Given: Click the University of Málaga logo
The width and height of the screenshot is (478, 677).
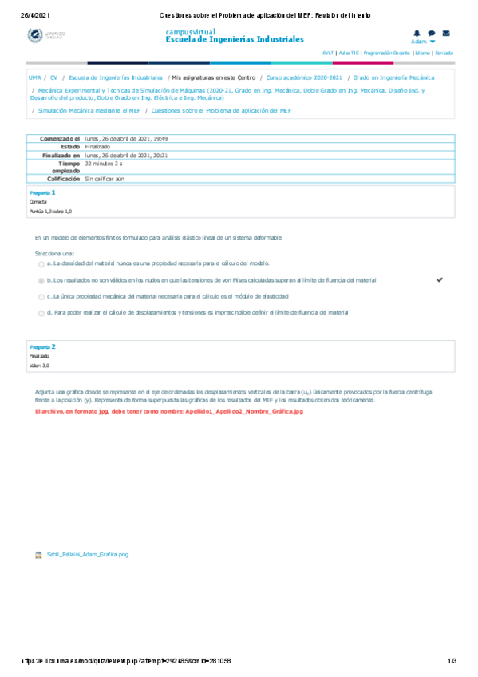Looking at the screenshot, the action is pos(46,35).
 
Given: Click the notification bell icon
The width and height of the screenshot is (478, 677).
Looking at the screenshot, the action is pos(417,33).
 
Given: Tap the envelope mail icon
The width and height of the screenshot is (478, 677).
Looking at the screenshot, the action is pos(446,33).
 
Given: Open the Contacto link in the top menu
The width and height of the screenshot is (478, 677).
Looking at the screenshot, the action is pos(444,53).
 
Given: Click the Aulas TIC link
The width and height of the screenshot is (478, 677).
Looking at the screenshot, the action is pos(349,53).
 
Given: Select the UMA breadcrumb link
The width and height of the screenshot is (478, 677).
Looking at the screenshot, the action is pos(34,78).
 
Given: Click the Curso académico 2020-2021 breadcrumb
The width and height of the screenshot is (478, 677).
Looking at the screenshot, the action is pos(304,78).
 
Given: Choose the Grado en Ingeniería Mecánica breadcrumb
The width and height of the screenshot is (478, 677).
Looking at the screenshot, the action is pos(393,78).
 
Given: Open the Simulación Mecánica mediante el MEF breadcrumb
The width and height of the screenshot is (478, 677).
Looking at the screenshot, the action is pos(89,110).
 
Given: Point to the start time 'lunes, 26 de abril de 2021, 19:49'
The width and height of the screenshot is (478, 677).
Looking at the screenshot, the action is pos(126,139).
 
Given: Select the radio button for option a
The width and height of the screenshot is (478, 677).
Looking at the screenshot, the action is pos(41,263).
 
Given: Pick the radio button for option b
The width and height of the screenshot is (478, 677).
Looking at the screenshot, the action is pos(41,281).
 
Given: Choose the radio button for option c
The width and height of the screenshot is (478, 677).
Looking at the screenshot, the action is pos(41,297).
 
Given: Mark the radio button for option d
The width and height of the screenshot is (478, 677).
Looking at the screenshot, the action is pos(41,313).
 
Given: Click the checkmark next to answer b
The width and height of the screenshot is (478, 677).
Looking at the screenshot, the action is pos(439,280).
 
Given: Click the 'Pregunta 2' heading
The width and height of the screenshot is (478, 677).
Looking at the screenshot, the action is pos(42,347).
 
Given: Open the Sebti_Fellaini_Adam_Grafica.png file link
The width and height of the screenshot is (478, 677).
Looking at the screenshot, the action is pos(87,553).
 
